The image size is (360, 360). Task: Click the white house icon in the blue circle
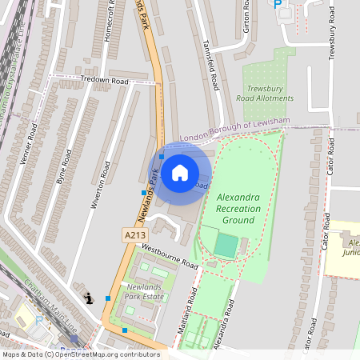click(180, 172)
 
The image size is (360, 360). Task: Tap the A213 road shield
click(134, 234)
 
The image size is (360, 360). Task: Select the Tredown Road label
click(104, 80)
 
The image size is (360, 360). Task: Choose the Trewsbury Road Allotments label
click(270, 93)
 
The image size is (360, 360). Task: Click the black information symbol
click(87, 299)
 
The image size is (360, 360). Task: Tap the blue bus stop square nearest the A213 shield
click(144, 193)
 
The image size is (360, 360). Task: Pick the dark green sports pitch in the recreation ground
click(226, 246)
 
